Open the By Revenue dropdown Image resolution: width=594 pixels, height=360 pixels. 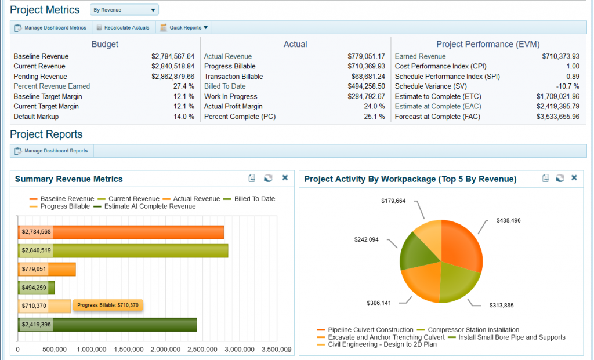click(x=124, y=10)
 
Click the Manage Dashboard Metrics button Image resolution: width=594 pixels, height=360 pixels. click(x=51, y=27)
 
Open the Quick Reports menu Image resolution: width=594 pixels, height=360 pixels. click(x=184, y=27)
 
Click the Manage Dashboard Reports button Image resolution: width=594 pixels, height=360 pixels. click(x=52, y=151)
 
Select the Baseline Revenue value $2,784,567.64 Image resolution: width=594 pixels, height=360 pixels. click(x=173, y=57)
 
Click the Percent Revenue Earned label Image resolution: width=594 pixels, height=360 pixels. click(x=52, y=86)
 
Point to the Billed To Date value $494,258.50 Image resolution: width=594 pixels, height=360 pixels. click(x=366, y=86)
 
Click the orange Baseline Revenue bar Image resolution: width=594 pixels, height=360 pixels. click(x=139, y=232)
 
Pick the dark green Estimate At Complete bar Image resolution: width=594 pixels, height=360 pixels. click(x=125, y=325)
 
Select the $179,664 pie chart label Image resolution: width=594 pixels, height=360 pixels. click(x=393, y=201)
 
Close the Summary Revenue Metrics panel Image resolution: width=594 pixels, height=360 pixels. click(x=285, y=178)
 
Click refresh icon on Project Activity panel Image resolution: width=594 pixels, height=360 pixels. click(x=560, y=178)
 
